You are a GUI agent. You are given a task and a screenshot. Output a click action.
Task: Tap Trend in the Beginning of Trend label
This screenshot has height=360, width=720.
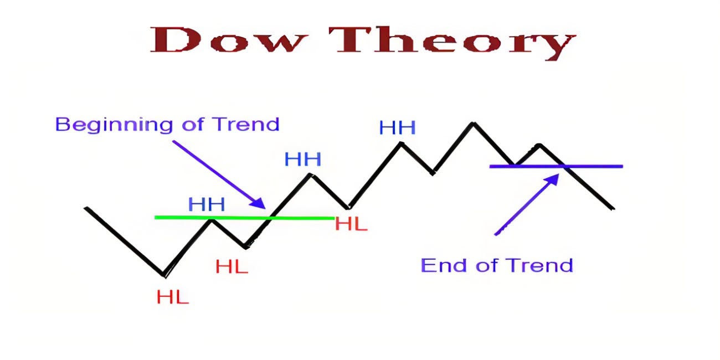click(x=248, y=124)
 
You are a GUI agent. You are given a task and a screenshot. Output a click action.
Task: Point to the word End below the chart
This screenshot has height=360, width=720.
click(x=441, y=265)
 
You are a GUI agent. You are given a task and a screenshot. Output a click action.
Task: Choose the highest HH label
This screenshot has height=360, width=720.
click(x=397, y=128)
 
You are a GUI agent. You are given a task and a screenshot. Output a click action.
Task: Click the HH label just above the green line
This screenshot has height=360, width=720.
click(x=206, y=205)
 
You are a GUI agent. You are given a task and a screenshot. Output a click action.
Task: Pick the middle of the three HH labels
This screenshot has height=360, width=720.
click(x=302, y=160)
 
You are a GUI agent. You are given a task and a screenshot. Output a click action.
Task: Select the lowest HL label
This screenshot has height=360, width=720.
click(x=172, y=297)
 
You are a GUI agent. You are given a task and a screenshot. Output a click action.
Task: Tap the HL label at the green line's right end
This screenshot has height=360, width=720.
click(x=351, y=224)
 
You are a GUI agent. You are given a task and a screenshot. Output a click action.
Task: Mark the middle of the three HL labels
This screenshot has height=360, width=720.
click(x=232, y=267)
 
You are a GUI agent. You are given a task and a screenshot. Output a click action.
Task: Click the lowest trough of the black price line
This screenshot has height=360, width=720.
click(x=164, y=274)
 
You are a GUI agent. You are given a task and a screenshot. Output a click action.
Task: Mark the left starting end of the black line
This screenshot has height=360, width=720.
click(x=86, y=208)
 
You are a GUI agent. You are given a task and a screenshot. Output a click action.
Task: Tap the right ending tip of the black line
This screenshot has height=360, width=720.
click(x=613, y=209)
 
